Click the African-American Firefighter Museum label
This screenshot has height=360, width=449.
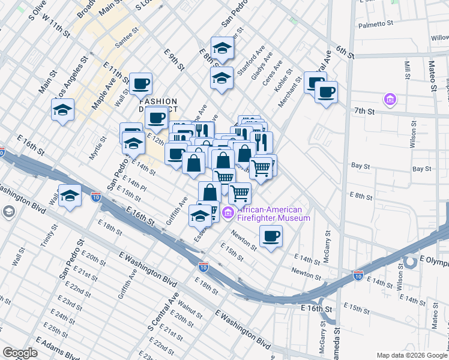tap(273, 214)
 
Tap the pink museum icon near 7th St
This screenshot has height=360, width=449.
tap(390, 98)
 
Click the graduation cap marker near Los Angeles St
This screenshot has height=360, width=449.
tap(63, 110)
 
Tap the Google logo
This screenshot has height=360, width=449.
tap(20, 353)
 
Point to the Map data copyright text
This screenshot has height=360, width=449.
tap(412, 355)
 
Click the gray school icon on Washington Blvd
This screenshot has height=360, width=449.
tap(9, 211)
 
